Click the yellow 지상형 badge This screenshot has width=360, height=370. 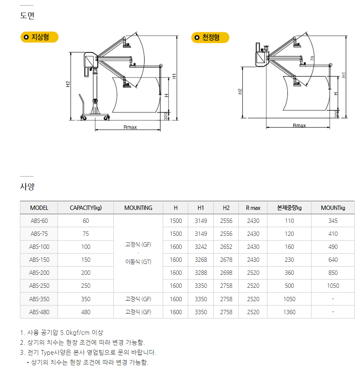[x=39, y=37]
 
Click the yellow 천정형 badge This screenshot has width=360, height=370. [x=210, y=38]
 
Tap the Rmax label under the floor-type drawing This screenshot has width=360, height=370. [x=130, y=127]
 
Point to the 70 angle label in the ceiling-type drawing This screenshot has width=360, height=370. [x=312, y=58]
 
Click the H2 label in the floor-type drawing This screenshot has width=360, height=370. [x=68, y=84]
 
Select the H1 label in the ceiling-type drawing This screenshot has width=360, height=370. [x=344, y=75]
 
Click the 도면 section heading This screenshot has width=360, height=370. [x=27, y=16]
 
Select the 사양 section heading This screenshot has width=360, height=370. [x=27, y=187]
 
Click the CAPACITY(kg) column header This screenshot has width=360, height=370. [x=86, y=208]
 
